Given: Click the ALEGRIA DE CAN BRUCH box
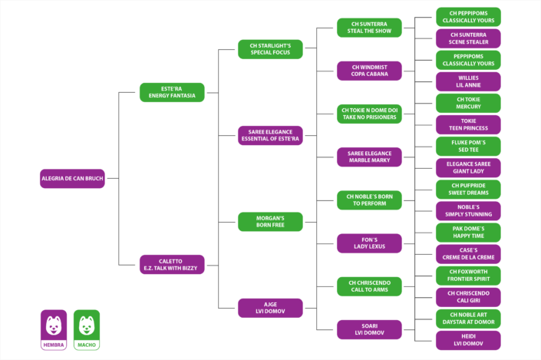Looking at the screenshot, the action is click(x=72, y=178).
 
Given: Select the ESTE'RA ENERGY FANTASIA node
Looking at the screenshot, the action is click(x=172, y=92).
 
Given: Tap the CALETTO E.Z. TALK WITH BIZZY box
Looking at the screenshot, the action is click(x=172, y=264).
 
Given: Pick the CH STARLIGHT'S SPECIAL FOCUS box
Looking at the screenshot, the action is click(x=270, y=49).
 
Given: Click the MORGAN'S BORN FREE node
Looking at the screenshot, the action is click(x=270, y=222).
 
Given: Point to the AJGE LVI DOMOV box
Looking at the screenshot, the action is click(x=270, y=308).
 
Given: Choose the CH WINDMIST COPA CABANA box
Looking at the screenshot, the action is click(x=369, y=71).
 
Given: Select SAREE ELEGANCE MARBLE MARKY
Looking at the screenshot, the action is click(x=369, y=157).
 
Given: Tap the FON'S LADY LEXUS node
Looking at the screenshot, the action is click(x=369, y=243).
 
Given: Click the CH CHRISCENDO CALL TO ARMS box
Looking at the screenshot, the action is click(x=369, y=286).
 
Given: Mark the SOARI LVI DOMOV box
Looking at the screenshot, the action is click(x=369, y=329).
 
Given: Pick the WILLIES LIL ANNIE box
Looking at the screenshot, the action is click(x=468, y=81).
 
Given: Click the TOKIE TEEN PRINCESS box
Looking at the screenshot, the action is click(x=468, y=124).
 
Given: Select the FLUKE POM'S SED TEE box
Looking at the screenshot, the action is click(x=468, y=146).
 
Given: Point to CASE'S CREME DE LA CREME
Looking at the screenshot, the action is click(x=468, y=254).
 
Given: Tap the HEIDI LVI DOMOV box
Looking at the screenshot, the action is click(x=468, y=340).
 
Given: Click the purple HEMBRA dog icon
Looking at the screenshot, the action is click(x=54, y=325).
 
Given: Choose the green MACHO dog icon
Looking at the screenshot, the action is click(x=87, y=325).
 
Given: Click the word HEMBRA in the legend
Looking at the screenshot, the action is click(x=54, y=345).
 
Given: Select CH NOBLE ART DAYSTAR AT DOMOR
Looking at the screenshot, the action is click(x=468, y=319).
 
